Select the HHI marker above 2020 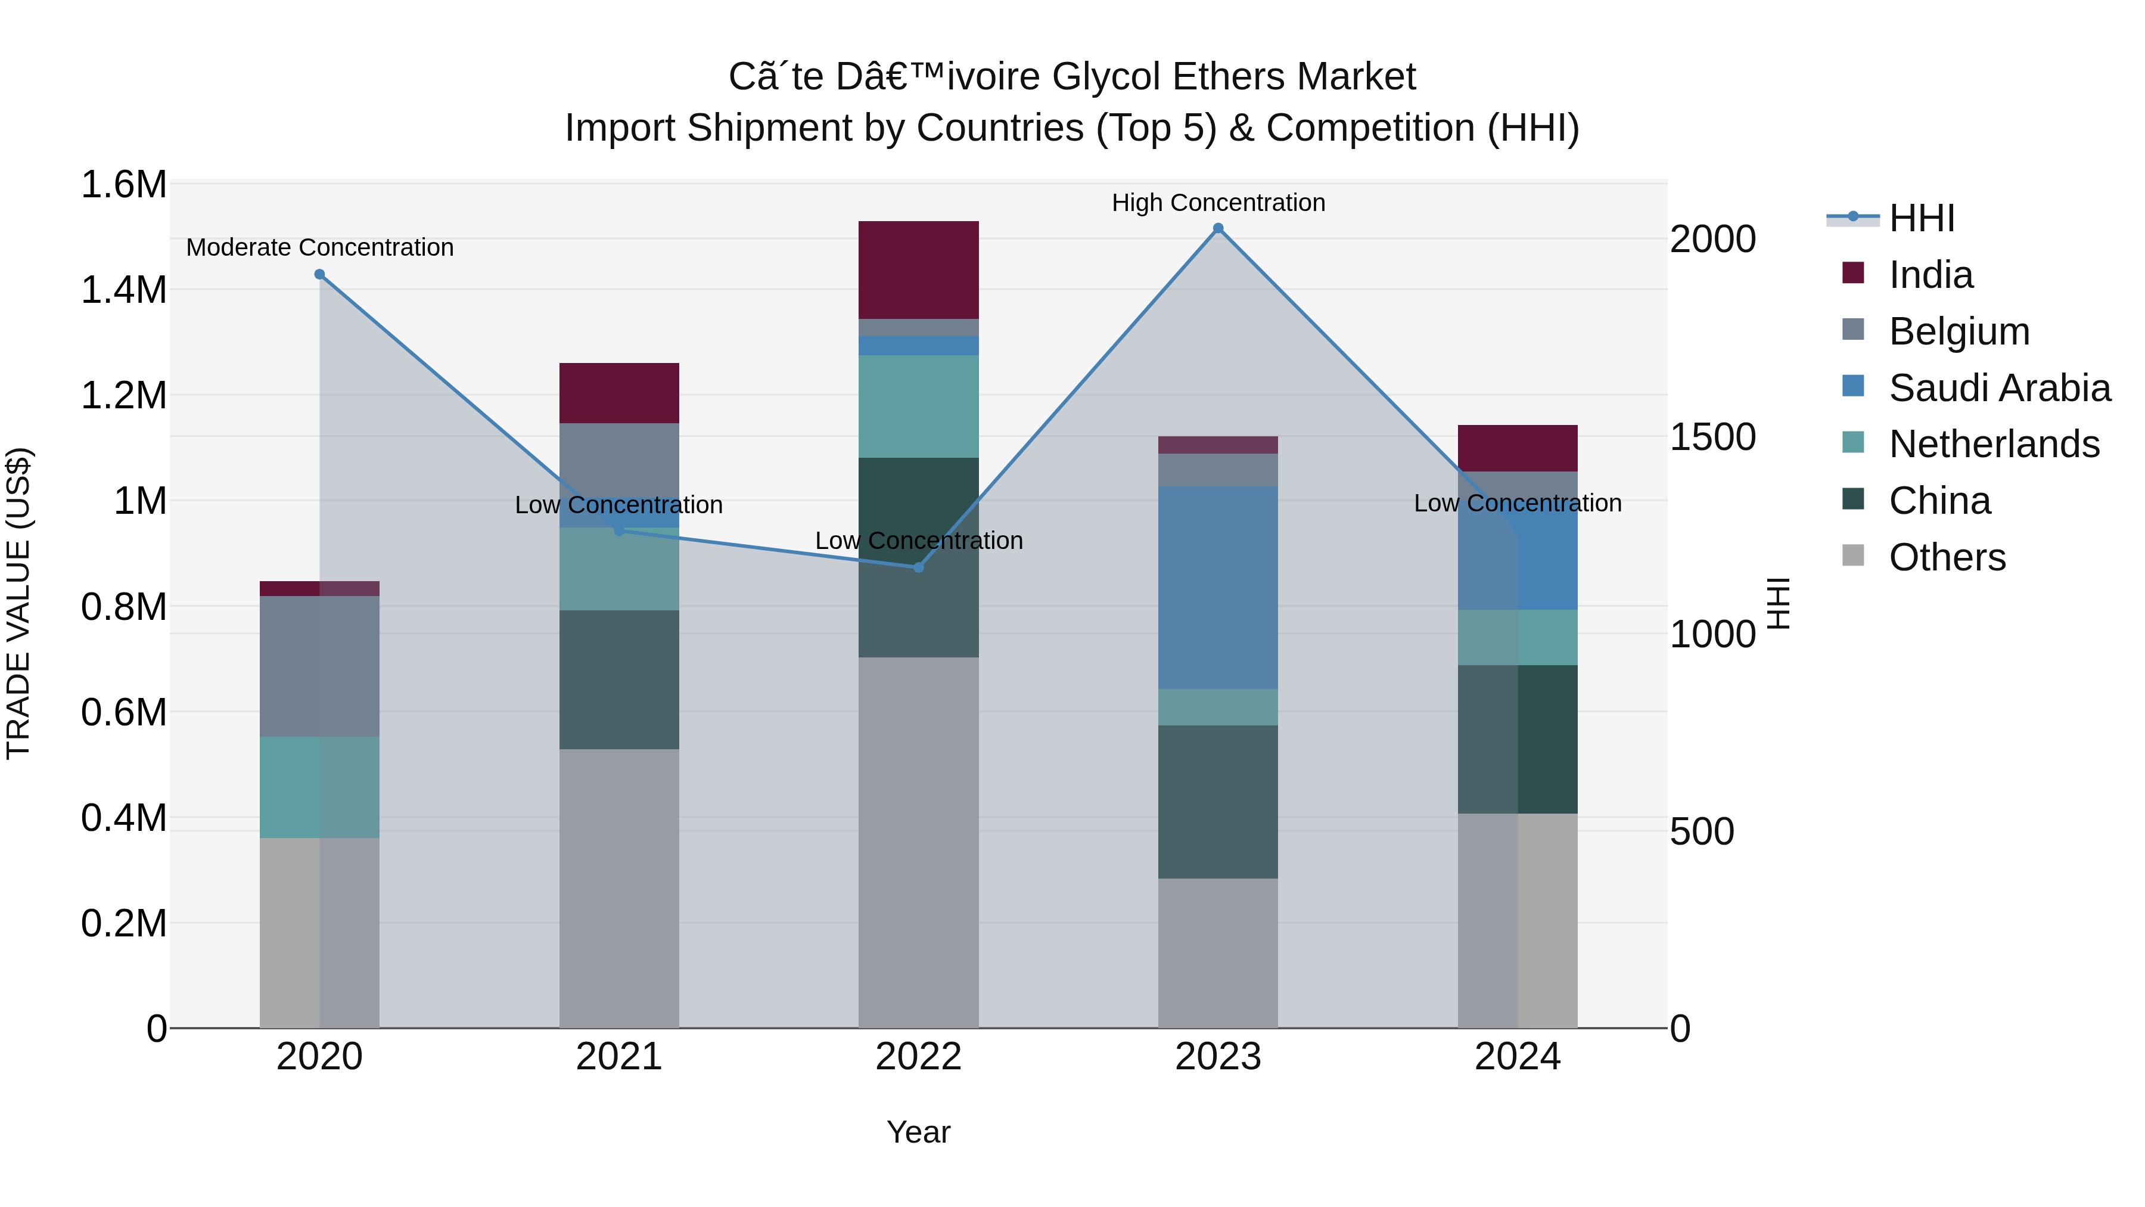320,274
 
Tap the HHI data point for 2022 918,567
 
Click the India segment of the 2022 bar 918,270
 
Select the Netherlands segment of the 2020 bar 320,787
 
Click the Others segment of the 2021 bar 618,888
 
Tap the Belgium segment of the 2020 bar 320,666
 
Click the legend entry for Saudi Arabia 1998,388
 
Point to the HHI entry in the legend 1921,218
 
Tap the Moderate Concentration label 320,247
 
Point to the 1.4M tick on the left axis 123,290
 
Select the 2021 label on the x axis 618,1057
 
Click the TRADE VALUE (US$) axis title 18,603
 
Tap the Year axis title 918,1132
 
